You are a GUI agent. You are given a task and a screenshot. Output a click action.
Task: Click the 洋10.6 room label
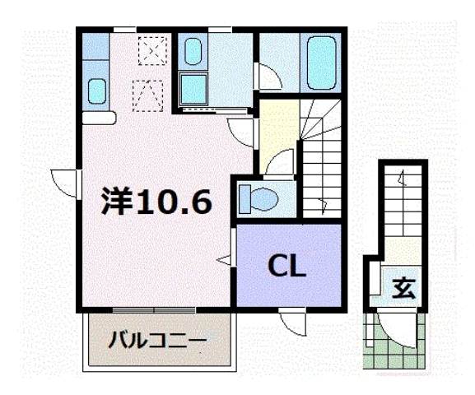coord(156,201)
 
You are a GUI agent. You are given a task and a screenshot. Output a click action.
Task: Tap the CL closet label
coord(288,266)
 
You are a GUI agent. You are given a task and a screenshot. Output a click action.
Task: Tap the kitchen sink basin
coord(96,91)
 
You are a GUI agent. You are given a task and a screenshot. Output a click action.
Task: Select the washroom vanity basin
coord(193,53)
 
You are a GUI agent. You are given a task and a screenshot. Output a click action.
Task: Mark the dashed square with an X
coord(151,50)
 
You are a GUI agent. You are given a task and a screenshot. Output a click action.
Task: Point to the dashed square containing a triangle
coord(148,95)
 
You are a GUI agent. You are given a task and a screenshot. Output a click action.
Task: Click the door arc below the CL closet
coord(292,319)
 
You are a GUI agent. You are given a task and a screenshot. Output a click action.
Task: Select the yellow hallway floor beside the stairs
coord(278,132)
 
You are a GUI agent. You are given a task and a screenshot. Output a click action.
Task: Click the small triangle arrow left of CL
coord(223,260)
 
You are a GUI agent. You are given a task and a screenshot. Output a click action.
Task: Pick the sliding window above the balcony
coord(154,310)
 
